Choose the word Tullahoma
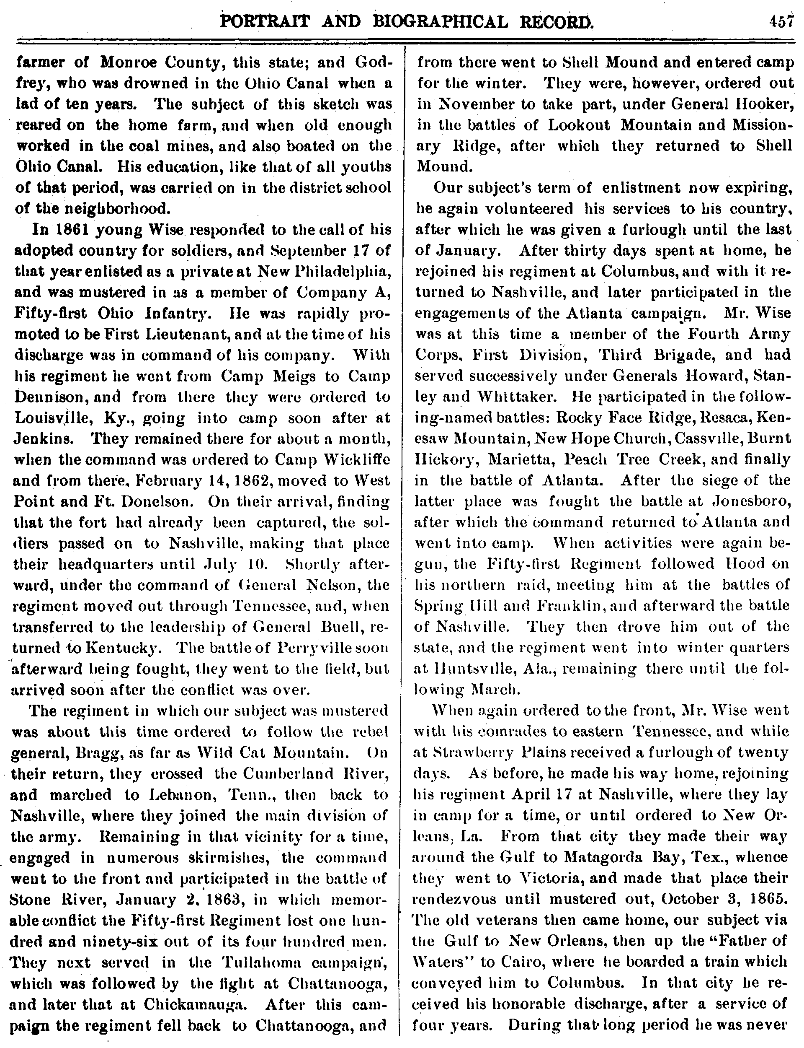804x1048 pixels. tap(260, 962)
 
